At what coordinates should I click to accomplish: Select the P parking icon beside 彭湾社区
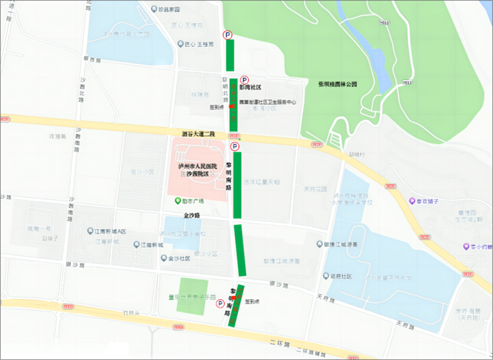(x=245, y=79)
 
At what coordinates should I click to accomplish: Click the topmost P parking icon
(x=227, y=35)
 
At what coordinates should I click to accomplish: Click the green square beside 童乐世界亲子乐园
(x=187, y=295)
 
